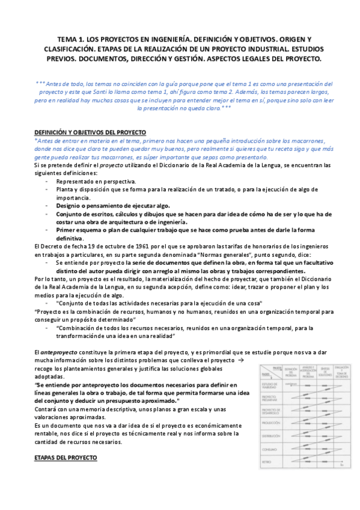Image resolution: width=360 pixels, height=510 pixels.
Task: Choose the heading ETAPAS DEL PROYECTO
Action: pos(66,458)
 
